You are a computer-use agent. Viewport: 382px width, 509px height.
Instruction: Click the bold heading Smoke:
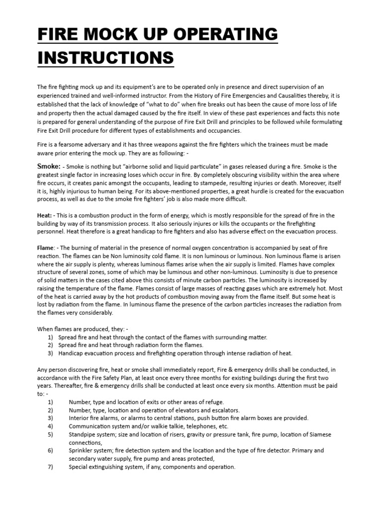49,167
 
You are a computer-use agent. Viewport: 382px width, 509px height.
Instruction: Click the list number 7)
50,467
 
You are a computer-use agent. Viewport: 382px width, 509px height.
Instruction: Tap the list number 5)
50,434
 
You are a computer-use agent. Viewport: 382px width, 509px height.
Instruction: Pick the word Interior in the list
80,418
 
